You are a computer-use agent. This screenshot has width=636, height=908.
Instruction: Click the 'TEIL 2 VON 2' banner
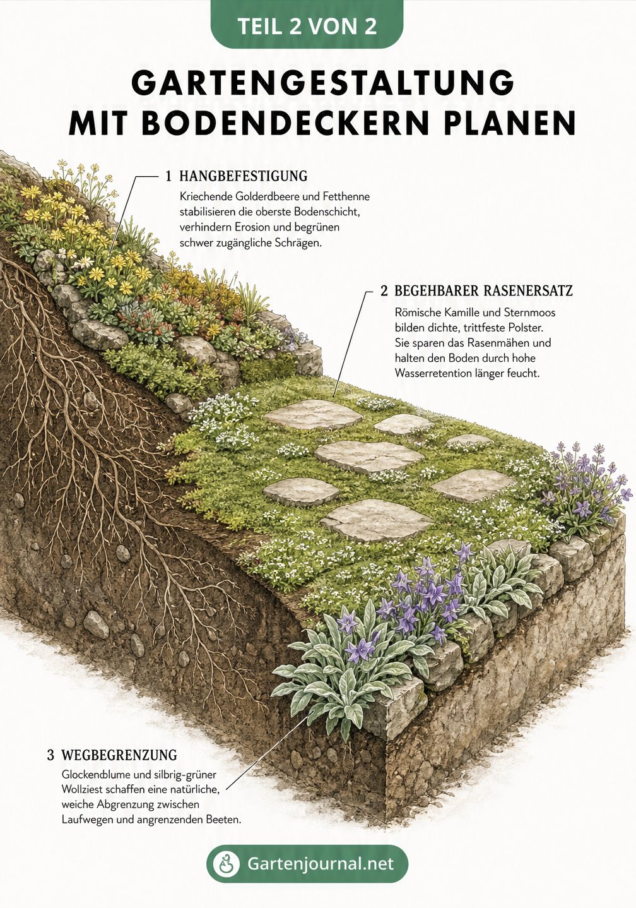307,25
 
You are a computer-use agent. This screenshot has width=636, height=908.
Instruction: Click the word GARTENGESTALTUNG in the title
323,83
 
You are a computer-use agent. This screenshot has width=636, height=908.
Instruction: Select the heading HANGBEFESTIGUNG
244,176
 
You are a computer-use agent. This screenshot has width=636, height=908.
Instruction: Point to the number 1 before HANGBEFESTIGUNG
169,176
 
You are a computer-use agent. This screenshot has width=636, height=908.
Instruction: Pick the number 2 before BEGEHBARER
384,290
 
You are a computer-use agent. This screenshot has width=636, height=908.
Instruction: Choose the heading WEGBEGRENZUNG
119,755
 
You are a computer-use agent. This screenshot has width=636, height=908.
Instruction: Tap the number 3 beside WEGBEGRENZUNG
50,755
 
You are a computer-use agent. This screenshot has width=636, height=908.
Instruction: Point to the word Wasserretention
435,373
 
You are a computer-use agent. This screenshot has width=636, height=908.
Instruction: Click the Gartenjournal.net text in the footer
320,863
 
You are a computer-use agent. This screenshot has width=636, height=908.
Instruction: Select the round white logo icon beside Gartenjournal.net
227,864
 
